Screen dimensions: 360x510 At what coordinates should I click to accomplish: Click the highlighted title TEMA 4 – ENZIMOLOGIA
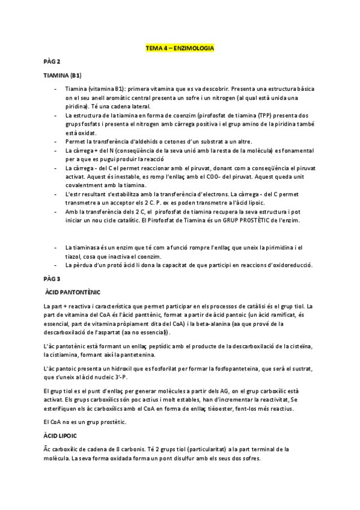click(180, 48)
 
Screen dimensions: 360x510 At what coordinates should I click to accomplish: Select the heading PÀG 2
click(52, 61)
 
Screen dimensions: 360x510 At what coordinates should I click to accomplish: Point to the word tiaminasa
click(87, 247)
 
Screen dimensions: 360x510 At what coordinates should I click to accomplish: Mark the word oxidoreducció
click(286, 265)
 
